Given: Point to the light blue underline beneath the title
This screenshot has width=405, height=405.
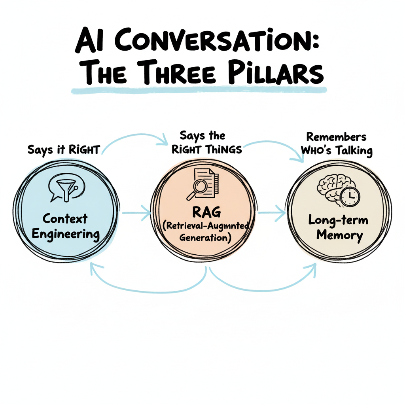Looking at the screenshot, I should [x=198, y=91].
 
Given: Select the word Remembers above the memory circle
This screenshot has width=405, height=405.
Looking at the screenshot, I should [x=336, y=137].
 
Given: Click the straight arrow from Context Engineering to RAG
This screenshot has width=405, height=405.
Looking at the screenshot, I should [x=136, y=214].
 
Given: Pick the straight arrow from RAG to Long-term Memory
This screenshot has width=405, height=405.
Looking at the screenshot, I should [x=272, y=214].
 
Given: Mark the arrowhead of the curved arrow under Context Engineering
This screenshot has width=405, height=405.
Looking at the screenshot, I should [x=95, y=269].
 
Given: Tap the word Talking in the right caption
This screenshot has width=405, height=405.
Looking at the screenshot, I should [x=352, y=151].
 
